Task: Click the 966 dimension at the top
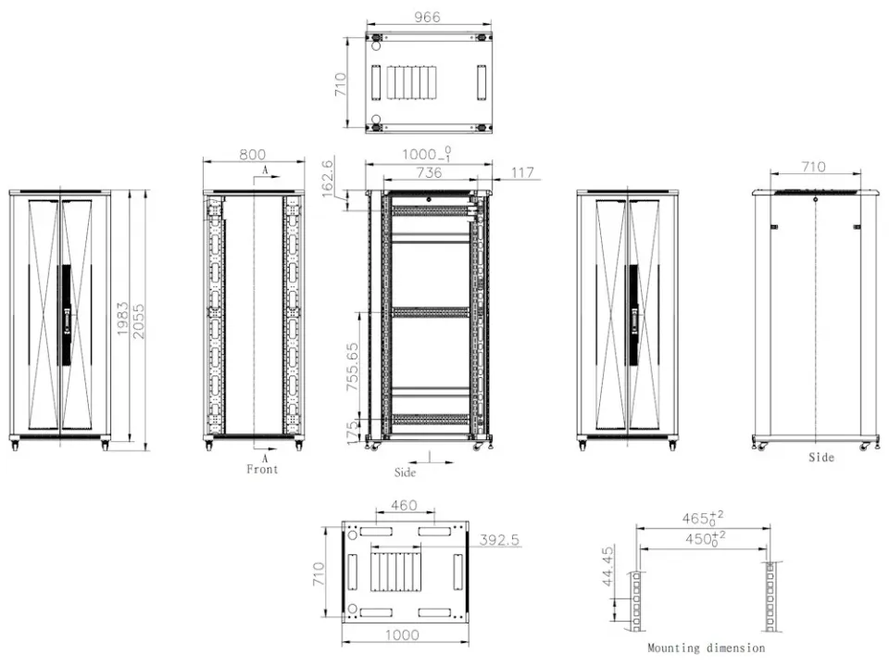(427, 17)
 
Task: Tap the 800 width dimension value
(252, 155)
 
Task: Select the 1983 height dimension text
(123, 319)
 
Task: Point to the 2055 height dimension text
(138, 321)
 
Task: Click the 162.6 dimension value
(328, 179)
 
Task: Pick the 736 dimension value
(429, 172)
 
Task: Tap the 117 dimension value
(522, 172)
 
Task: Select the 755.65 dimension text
(353, 367)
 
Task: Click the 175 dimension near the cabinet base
(352, 433)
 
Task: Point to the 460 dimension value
(405, 505)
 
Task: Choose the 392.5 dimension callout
(499, 539)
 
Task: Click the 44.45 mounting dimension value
(607, 566)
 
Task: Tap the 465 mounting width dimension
(703, 518)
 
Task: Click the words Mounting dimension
(706, 648)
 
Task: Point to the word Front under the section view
(262, 469)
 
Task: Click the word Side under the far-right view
(821, 457)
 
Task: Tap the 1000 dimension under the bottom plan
(403, 635)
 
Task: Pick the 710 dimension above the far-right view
(813, 167)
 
